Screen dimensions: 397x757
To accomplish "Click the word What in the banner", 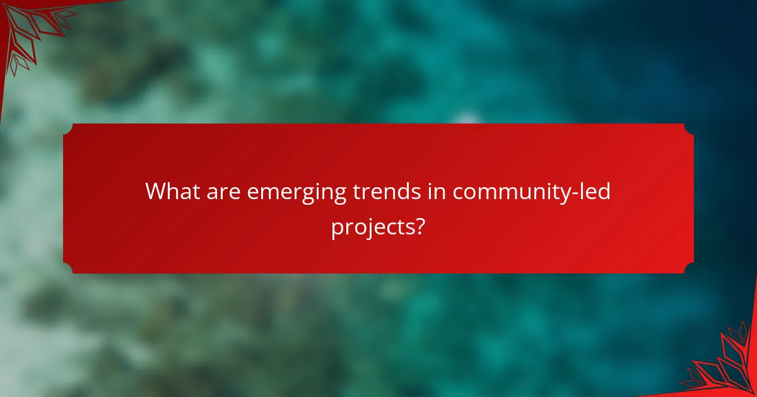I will (172, 191).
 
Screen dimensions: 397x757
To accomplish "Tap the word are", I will (222, 191).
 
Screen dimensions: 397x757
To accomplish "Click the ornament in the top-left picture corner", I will (28, 28).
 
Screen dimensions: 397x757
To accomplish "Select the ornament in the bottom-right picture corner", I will (725, 365).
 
